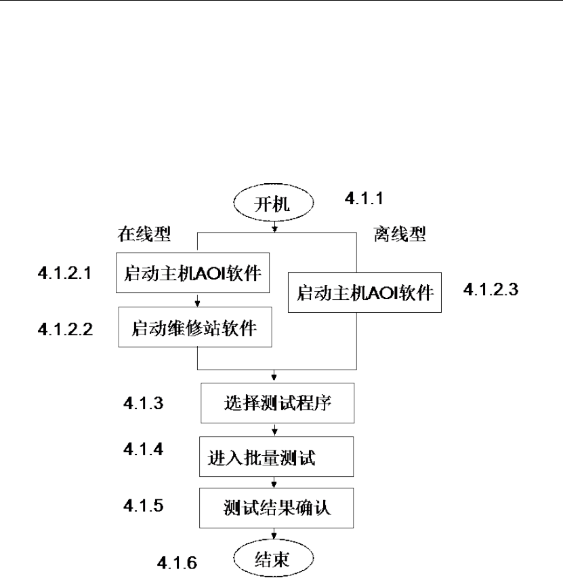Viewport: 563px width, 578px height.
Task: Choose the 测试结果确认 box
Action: [278, 507]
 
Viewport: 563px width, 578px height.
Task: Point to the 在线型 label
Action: [143, 235]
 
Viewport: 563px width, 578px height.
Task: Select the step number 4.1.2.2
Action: [65, 330]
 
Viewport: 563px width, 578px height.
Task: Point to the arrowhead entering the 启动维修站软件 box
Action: [196, 303]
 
